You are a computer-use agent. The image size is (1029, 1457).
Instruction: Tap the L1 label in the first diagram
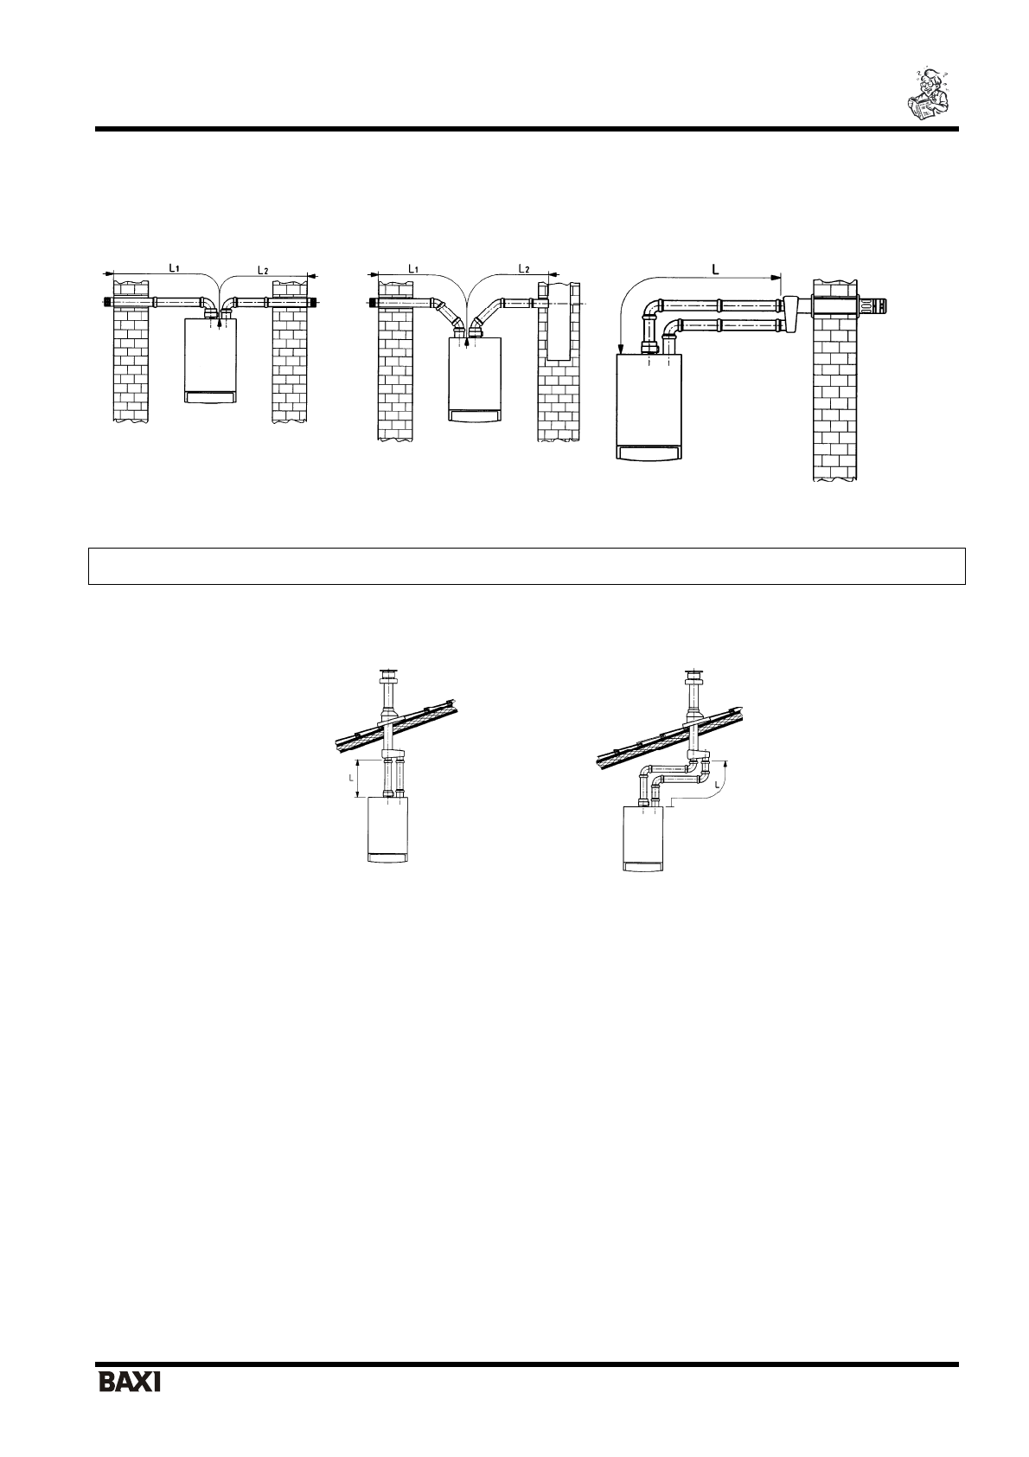pyautogui.click(x=174, y=268)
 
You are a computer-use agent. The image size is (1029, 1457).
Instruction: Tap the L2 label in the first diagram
pyautogui.click(x=265, y=271)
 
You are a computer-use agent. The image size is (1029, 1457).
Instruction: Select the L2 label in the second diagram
pyautogui.click(x=524, y=269)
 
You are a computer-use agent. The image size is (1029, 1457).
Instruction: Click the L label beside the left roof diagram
pyautogui.click(x=349, y=778)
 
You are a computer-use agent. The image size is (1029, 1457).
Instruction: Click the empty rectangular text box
pyautogui.click(x=526, y=566)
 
